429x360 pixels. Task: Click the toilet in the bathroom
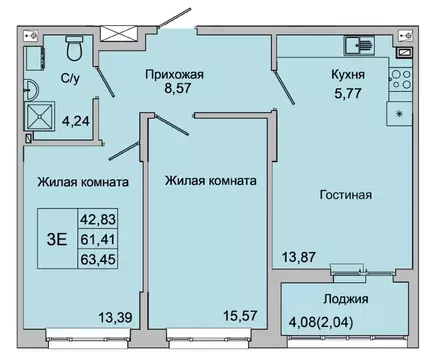73,47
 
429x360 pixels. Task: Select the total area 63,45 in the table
100,259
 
